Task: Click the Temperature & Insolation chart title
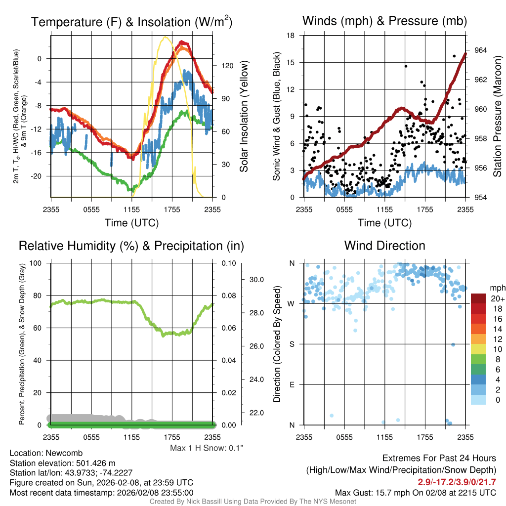coord(131,22)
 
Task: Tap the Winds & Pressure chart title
coord(384,21)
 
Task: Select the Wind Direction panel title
coord(384,246)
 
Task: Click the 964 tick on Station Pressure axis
coord(480,50)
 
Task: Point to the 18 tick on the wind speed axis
coord(291,36)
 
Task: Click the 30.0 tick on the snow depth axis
coord(255,280)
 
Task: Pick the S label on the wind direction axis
coord(292,344)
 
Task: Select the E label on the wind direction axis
coord(292,384)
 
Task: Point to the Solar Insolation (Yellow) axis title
coord(244,116)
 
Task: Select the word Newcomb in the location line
coord(64,453)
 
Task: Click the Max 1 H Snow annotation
coord(207,448)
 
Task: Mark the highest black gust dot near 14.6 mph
coord(406,66)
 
